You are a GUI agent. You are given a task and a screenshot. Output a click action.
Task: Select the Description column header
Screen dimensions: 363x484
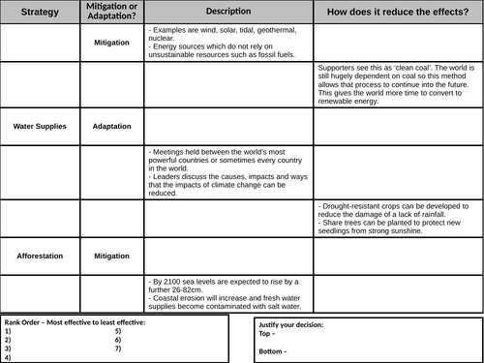[229, 11]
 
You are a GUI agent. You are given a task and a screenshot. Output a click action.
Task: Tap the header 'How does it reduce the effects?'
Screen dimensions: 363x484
[397, 13]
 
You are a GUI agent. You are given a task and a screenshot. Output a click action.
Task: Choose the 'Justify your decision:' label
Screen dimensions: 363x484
[291, 324]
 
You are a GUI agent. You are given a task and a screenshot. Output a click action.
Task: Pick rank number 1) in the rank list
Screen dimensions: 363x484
[8, 331]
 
